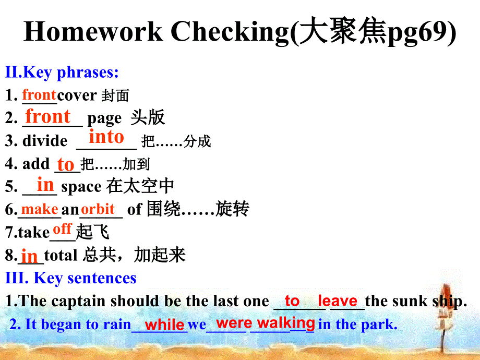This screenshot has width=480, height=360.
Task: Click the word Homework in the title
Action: point(93,32)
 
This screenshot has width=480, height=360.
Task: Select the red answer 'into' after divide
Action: point(106,137)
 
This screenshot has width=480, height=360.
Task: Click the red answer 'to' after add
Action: point(66,164)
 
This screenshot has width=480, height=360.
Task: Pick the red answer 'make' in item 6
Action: point(40,209)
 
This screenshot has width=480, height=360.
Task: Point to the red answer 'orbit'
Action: point(98,209)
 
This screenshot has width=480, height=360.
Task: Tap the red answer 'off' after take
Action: point(62,229)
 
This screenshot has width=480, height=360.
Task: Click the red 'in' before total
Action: point(29,256)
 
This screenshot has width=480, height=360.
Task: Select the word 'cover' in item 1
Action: point(77,95)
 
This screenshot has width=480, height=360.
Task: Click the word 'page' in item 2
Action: point(104,118)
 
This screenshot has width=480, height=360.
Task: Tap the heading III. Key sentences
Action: point(71,278)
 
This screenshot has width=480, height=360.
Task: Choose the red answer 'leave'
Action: point(338,301)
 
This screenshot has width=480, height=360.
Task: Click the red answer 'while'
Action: point(164,325)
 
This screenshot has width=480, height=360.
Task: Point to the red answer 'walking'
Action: point(286,323)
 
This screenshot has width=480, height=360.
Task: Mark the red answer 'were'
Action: point(234,323)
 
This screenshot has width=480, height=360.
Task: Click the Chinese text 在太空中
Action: point(140,186)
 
